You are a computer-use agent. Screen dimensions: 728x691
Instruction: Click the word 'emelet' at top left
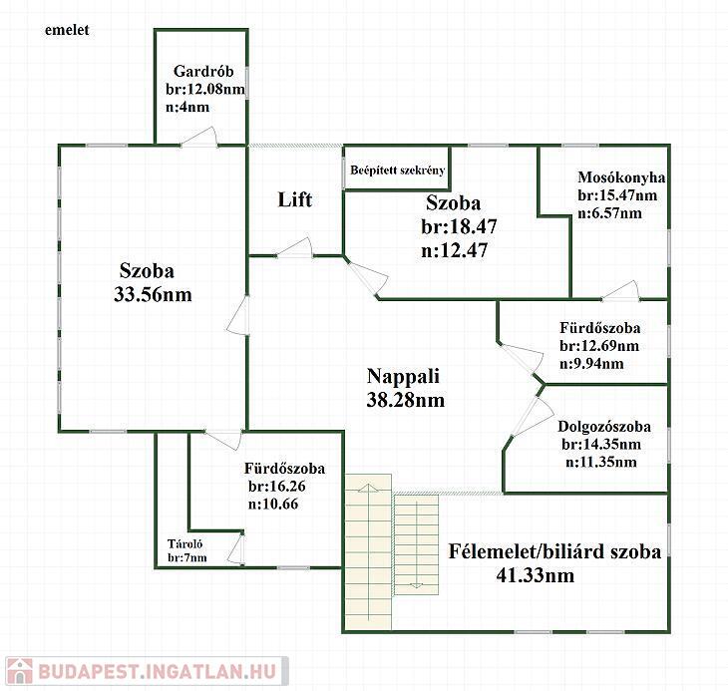[67, 30]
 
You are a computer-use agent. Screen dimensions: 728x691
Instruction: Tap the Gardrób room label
[203, 71]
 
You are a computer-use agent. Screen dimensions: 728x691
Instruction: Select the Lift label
[295, 199]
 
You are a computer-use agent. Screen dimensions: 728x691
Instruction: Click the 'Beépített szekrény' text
[398, 171]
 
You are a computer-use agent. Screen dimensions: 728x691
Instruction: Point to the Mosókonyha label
[621, 177]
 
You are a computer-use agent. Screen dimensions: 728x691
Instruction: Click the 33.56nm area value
[153, 295]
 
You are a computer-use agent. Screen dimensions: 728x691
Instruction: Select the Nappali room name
[403, 376]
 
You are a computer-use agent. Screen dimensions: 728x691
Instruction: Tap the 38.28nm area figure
[405, 400]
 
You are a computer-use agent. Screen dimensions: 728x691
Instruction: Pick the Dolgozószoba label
[604, 427]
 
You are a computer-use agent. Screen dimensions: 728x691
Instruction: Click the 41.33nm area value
[535, 575]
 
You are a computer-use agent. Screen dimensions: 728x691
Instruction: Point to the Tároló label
[184, 543]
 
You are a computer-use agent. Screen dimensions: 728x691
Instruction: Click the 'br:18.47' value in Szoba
[459, 226]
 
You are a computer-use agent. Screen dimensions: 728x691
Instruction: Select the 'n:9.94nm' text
[591, 363]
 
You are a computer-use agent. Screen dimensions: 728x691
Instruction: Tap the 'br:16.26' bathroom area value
[276, 486]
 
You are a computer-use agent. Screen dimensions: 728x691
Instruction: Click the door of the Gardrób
[199, 137]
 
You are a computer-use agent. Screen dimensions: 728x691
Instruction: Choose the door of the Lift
[295, 247]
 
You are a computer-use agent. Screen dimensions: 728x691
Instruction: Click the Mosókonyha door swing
[621, 291]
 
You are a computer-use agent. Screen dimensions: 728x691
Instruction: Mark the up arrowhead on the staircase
[368, 488]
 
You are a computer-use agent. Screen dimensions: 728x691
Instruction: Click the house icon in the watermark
[20, 671]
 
